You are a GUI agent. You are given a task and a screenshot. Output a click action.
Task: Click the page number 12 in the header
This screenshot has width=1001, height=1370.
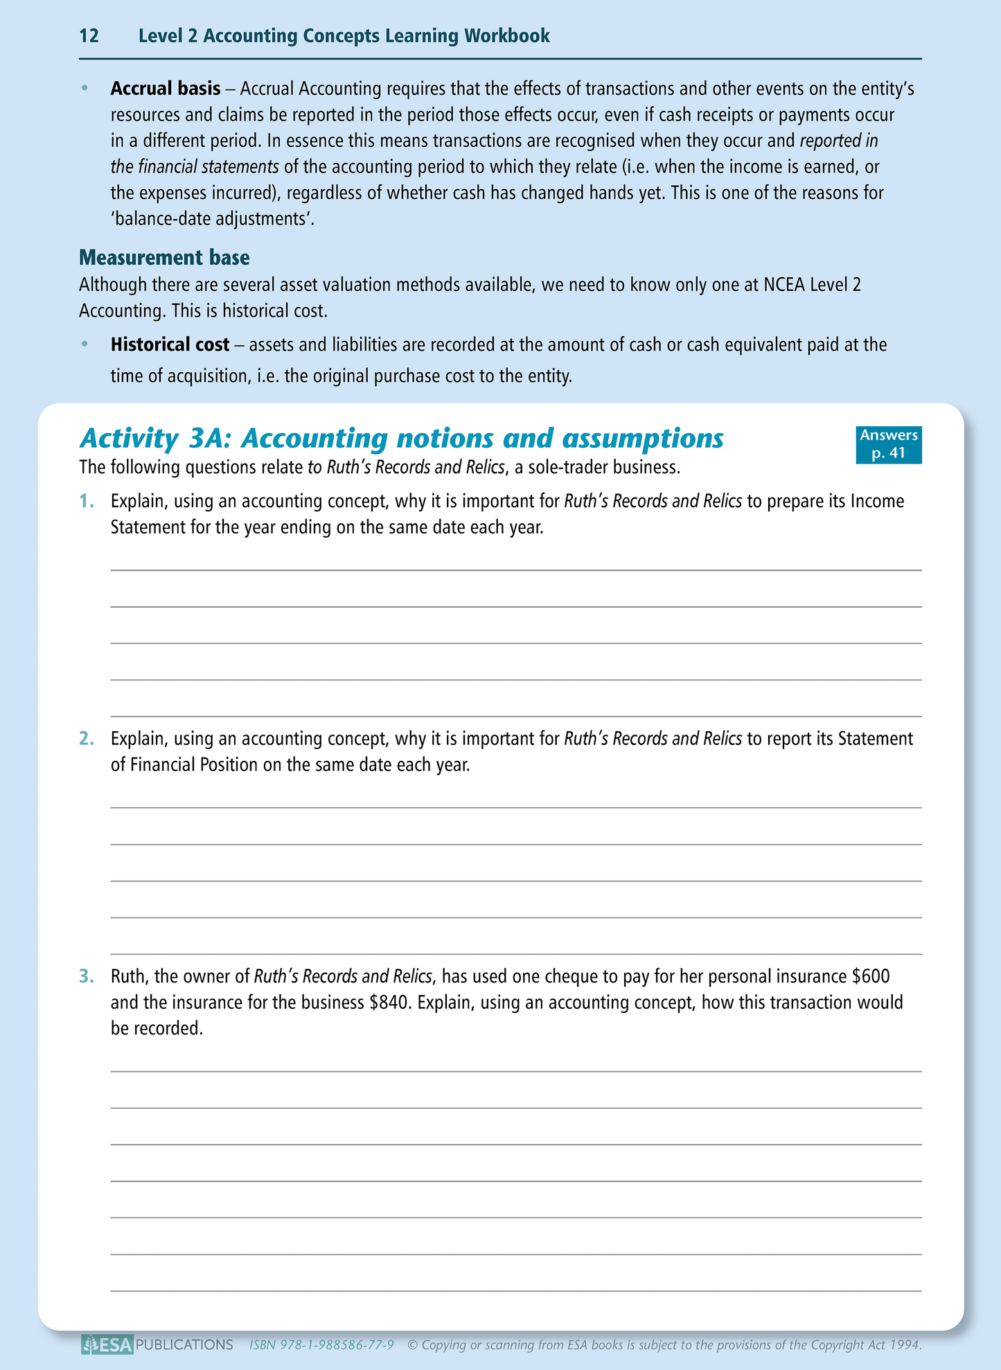89,36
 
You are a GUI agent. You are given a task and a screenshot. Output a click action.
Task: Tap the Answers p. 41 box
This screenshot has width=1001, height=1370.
889,444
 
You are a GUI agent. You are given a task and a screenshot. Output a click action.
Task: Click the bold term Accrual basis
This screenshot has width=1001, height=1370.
166,89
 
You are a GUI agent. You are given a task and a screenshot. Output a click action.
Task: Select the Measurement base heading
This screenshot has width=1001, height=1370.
164,258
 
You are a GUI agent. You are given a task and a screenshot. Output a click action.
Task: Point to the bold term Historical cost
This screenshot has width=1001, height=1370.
170,344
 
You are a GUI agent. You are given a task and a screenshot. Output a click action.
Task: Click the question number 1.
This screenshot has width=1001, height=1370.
86,501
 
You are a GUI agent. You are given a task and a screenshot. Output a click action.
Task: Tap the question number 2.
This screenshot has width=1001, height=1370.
86,739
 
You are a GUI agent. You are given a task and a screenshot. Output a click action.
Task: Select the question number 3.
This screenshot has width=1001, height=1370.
86,976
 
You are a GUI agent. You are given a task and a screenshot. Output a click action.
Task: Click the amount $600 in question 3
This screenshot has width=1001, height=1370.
870,976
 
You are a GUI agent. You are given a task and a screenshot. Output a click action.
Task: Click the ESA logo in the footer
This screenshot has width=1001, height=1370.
107,1345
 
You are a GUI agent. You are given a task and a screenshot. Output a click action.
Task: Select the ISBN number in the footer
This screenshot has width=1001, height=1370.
322,1345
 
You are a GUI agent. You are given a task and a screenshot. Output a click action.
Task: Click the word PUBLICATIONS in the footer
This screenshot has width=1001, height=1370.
185,1345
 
